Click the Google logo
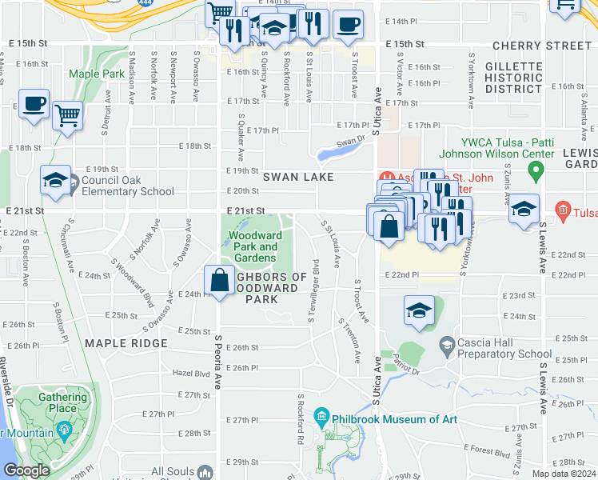coord(26,470)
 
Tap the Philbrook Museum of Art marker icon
coord(321,416)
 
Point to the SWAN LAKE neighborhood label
coord(295,176)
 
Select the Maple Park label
coord(95,74)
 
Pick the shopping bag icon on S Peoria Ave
coord(219,280)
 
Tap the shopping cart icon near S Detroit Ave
coord(67,115)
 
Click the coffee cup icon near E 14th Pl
coord(347,24)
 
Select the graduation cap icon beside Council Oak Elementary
coord(55,182)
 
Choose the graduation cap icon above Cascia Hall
coord(419,310)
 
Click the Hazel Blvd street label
coord(190,373)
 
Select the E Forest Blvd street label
coord(487,453)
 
